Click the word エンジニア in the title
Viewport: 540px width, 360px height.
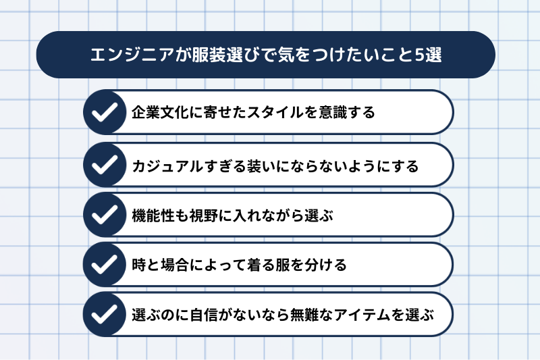pos(132,55)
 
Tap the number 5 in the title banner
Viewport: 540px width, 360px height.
pos(419,55)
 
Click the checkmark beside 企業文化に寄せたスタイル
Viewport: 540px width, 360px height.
pos(105,112)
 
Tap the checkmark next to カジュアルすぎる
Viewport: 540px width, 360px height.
pos(105,164)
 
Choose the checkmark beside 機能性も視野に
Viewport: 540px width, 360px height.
pos(105,215)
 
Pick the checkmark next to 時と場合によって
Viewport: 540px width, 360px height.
pos(105,265)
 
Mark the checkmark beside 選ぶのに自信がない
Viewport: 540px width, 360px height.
pos(105,314)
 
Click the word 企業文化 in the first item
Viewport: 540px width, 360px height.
pos(160,112)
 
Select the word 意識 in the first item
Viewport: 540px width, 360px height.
pos(333,112)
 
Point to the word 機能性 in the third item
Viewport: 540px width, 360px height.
pos(153,215)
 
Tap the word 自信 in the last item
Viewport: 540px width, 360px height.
pos(204,315)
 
